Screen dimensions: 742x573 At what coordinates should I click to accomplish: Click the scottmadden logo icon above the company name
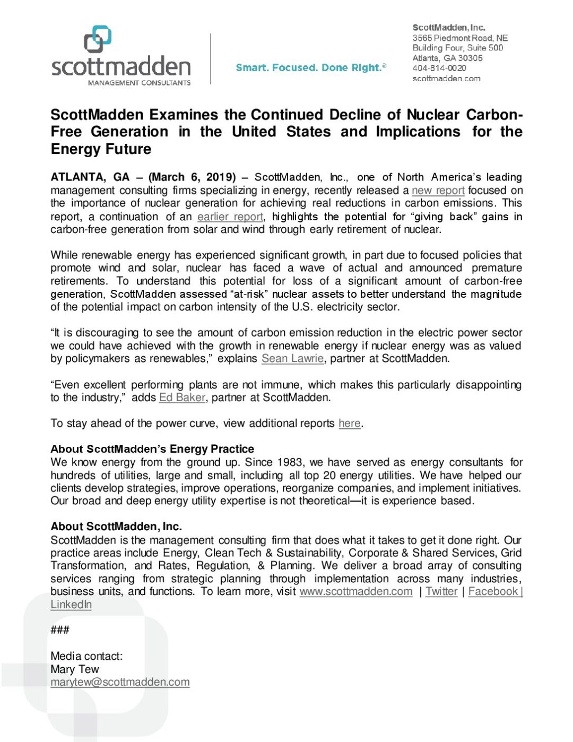tap(98, 39)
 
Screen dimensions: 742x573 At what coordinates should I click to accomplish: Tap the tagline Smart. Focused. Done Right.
tap(310, 68)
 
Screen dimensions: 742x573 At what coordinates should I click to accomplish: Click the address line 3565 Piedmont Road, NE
tap(460, 38)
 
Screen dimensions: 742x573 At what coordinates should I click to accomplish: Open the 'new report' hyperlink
tap(438, 191)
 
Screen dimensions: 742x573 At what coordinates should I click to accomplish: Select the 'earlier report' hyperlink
tap(230, 217)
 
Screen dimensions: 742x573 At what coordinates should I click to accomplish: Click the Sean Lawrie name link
tap(292, 359)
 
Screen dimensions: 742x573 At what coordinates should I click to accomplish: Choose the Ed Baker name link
tap(182, 398)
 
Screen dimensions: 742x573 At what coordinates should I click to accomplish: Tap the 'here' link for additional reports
tap(349, 424)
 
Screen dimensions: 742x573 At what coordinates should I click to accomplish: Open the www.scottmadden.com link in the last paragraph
tap(355, 592)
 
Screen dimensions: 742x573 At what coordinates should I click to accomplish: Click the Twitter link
tap(441, 592)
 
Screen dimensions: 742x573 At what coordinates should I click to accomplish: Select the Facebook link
tap(493, 592)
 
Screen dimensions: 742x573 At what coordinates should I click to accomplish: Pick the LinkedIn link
tap(71, 605)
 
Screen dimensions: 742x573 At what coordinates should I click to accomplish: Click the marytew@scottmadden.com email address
tap(120, 683)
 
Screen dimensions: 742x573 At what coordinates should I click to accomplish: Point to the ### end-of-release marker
tap(60, 630)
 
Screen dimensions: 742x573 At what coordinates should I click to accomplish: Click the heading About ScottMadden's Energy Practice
tap(152, 449)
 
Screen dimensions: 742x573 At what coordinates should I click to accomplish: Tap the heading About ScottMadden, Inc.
tap(116, 527)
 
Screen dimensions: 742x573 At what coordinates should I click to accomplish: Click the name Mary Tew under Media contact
tap(75, 669)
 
